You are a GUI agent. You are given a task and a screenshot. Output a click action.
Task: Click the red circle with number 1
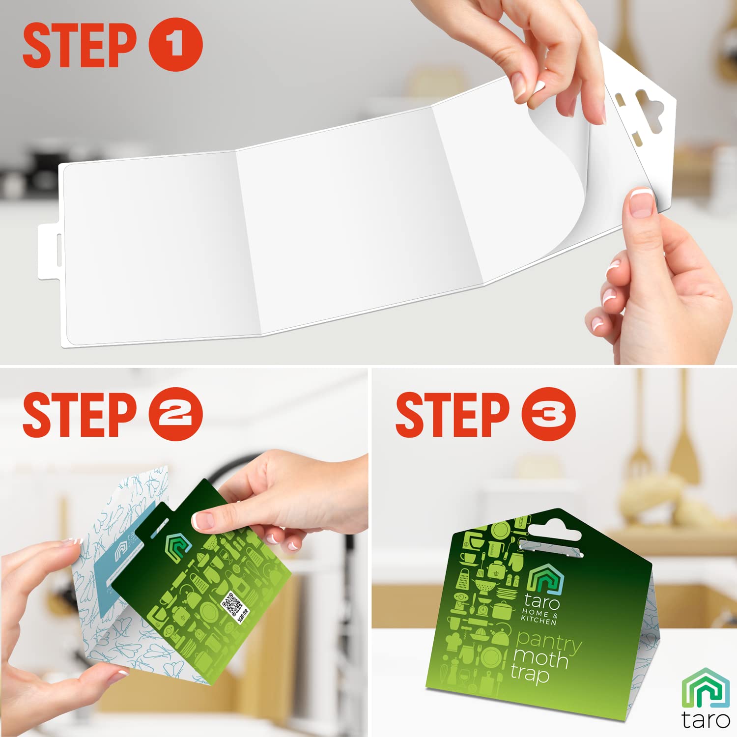(175, 44)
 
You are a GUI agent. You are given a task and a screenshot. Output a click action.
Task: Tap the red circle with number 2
(175, 414)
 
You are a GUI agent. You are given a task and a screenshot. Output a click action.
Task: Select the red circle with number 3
(548, 414)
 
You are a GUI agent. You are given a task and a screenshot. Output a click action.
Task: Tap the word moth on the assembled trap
(540, 657)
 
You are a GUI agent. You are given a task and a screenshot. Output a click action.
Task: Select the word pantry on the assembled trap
(548, 640)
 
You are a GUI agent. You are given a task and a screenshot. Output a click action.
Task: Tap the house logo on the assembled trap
(545, 577)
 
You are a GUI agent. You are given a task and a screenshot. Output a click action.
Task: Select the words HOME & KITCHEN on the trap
(539, 617)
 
